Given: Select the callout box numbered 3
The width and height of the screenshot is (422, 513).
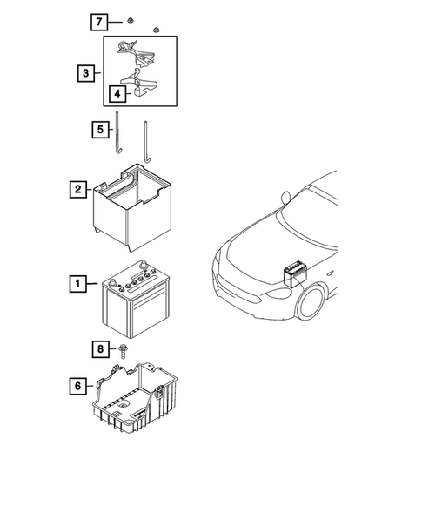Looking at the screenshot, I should [x=85, y=73].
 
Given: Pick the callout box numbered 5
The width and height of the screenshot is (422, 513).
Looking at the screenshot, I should [x=102, y=130].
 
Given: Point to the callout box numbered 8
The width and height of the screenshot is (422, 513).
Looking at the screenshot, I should [x=101, y=349].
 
